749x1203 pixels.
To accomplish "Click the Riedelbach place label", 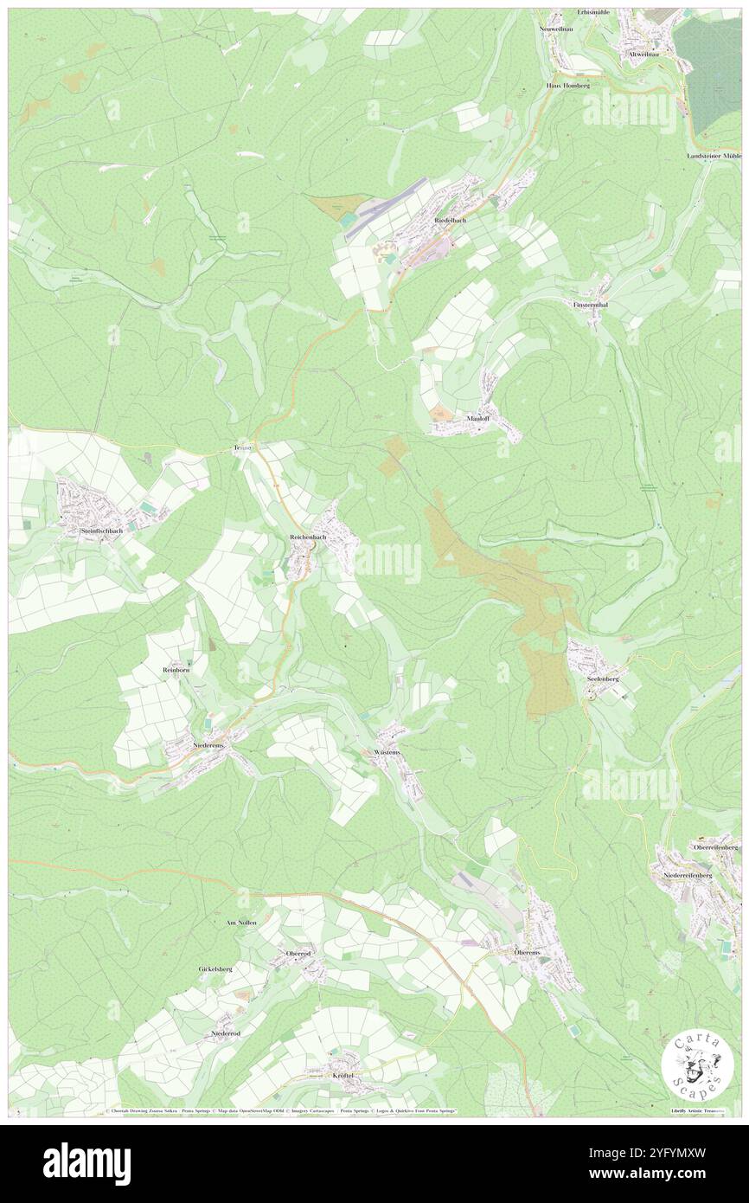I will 450,221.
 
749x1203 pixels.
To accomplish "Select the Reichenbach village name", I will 308,537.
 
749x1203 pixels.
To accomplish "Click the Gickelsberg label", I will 215,969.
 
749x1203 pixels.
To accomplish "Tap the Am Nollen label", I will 241,923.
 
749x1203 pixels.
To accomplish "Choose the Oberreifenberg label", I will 715,846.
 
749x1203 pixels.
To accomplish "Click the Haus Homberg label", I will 568,87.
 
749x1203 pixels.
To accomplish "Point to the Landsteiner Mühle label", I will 714,156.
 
